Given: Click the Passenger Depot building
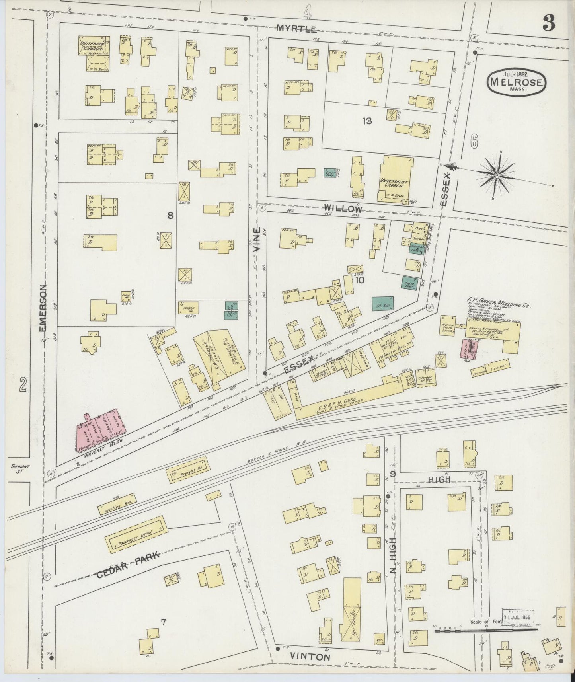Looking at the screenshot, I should click(x=135, y=534).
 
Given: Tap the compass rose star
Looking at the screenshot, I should click(x=497, y=175).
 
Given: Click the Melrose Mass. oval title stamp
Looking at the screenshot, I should click(x=517, y=81).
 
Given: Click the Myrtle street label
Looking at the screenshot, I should click(x=297, y=29).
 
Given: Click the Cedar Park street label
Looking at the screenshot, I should click(x=127, y=565).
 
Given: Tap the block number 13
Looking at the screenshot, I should click(x=367, y=121).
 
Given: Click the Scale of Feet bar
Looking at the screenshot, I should click(x=485, y=631).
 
